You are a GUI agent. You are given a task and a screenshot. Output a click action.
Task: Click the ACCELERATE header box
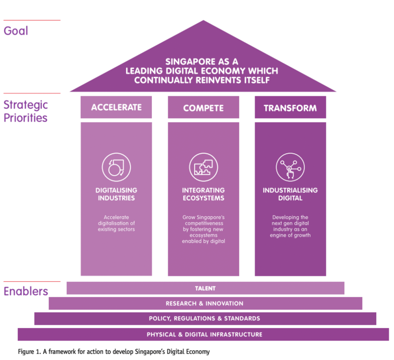point(116,107)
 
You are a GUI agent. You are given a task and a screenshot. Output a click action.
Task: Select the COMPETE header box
point(203,107)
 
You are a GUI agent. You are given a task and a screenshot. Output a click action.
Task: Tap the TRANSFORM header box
point(290,107)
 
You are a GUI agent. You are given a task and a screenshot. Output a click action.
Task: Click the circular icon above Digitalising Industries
point(116,167)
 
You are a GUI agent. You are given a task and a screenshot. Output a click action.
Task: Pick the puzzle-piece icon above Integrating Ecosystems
point(203,167)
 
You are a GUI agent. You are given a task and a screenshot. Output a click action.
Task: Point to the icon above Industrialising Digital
point(290,167)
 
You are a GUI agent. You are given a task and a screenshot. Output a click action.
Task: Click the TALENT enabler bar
point(205,288)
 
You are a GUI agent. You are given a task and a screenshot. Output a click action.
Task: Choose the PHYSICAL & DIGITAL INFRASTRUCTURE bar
point(204,334)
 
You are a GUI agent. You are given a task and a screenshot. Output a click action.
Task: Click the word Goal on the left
point(16,31)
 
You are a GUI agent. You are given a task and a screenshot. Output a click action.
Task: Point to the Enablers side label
point(26,291)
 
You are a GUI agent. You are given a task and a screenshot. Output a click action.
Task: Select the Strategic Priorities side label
point(26,111)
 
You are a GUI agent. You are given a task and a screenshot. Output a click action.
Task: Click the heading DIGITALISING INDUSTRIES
point(116,194)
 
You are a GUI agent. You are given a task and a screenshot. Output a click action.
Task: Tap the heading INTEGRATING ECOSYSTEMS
point(203,194)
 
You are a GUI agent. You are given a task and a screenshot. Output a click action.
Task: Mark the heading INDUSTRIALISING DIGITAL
point(290,194)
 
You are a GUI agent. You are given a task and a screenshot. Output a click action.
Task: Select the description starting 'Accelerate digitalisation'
point(116,223)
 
